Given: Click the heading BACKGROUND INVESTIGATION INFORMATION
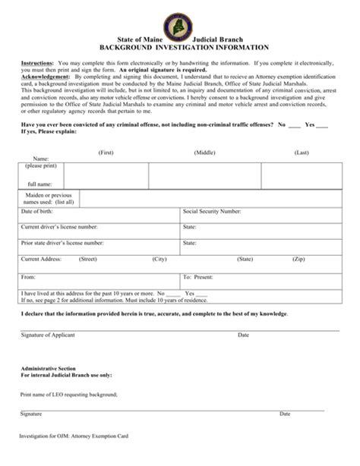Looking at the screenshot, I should click(180, 45).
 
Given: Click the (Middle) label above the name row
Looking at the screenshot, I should click(205, 153).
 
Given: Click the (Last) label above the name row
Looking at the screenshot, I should click(302, 153).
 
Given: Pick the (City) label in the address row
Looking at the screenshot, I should click(159, 260).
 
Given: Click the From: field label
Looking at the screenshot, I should click(29, 277).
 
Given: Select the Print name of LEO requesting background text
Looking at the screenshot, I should click(69, 395).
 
